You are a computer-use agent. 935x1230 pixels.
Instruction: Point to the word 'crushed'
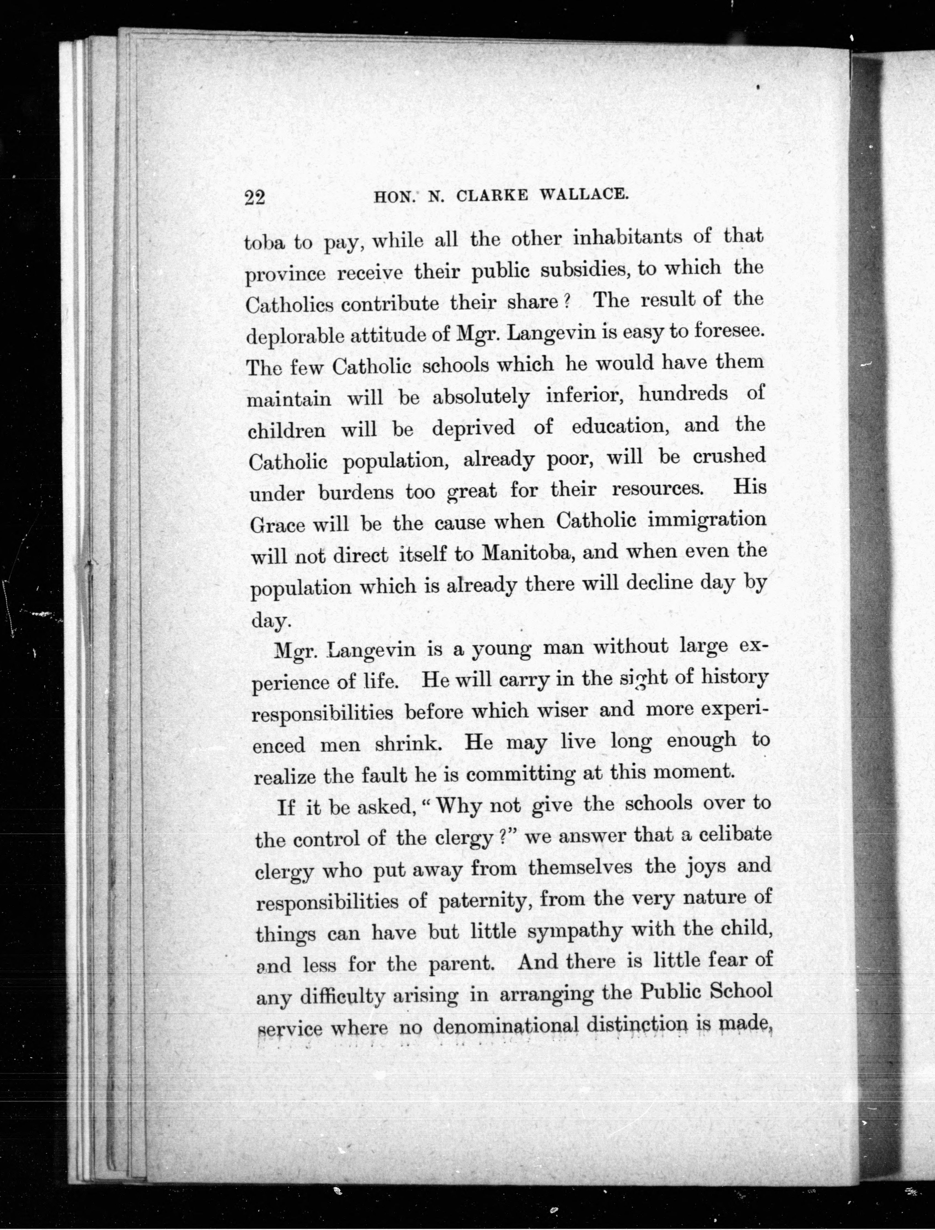[x=729, y=456]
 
